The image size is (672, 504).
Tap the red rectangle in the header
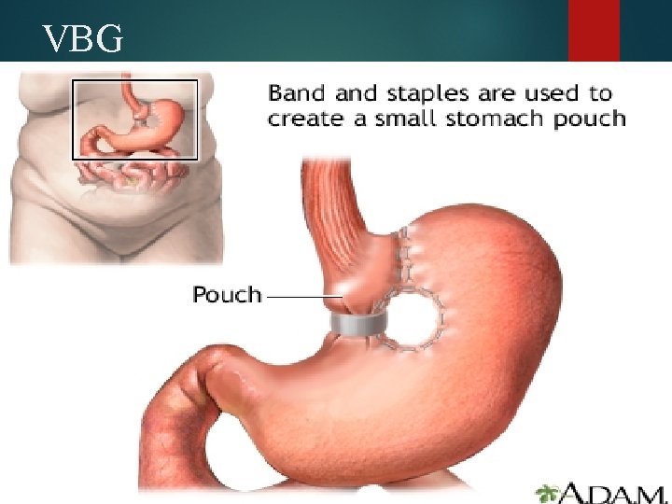594,30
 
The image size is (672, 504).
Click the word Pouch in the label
227,295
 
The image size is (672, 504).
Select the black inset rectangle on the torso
135,81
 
